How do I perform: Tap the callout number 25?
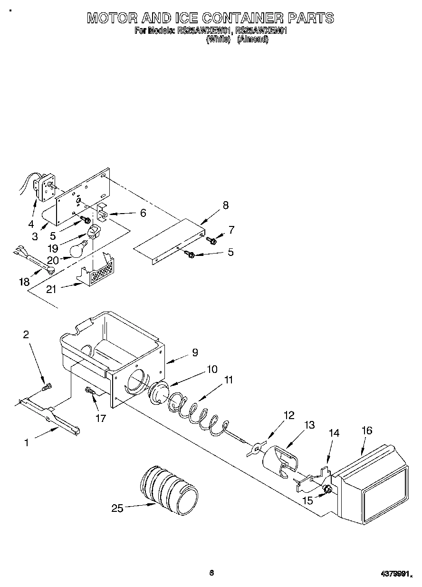(x=117, y=508)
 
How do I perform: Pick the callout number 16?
(x=366, y=430)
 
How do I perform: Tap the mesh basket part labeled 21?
(x=97, y=275)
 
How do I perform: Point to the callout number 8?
(x=225, y=205)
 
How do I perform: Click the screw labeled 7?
(x=213, y=241)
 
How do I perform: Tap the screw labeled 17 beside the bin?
(x=91, y=391)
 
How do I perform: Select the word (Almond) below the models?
(x=253, y=40)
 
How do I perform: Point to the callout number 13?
(x=309, y=425)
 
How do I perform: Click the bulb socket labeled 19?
(x=93, y=233)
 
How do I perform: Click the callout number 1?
(x=27, y=442)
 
